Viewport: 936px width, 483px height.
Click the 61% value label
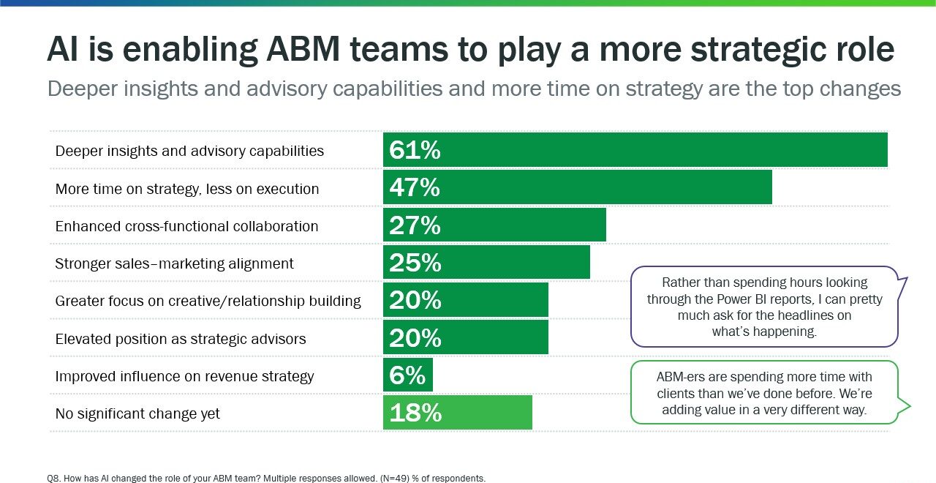[x=415, y=150]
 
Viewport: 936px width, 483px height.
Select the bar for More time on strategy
[x=578, y=187]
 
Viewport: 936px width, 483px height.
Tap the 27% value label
[x=415, y=225]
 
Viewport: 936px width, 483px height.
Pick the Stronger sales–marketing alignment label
[x=174, y=263]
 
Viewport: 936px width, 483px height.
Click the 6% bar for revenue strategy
[x=408, y=375]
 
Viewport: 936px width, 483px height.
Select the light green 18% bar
[x=458, y=413]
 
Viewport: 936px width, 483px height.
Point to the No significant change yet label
[x=137, y=413]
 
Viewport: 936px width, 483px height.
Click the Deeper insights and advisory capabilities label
[x=189, y=151]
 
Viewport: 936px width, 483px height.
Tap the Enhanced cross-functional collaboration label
[x=186, y=226]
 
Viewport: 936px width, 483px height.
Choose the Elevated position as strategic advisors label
[x=181, y=339]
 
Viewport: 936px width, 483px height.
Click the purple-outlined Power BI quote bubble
[x=764, y=306]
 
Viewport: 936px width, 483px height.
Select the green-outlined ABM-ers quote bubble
[x=764, y=392]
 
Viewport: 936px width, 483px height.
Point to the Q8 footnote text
[x=266, y=478]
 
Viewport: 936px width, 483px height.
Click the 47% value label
[x=415, y=187]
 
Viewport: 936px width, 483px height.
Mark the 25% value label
[x=415, y=263]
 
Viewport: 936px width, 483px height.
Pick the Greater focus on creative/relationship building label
[x=208, y=301]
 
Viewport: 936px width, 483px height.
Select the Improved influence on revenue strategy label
[x=184, y=376]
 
